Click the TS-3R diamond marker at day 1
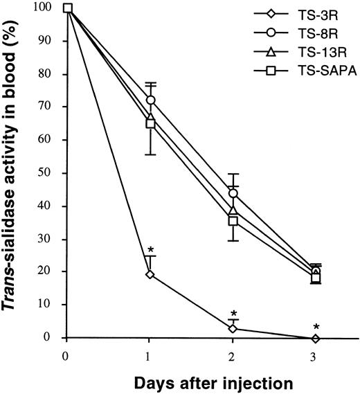click(x=150, y=274)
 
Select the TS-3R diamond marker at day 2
click(x=233, y=328)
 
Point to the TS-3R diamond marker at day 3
click(x=316, y=338)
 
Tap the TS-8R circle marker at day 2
click(x=233, y=193)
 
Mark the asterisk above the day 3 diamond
click(x=316, y=327)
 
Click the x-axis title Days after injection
click(x=192, y=382)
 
